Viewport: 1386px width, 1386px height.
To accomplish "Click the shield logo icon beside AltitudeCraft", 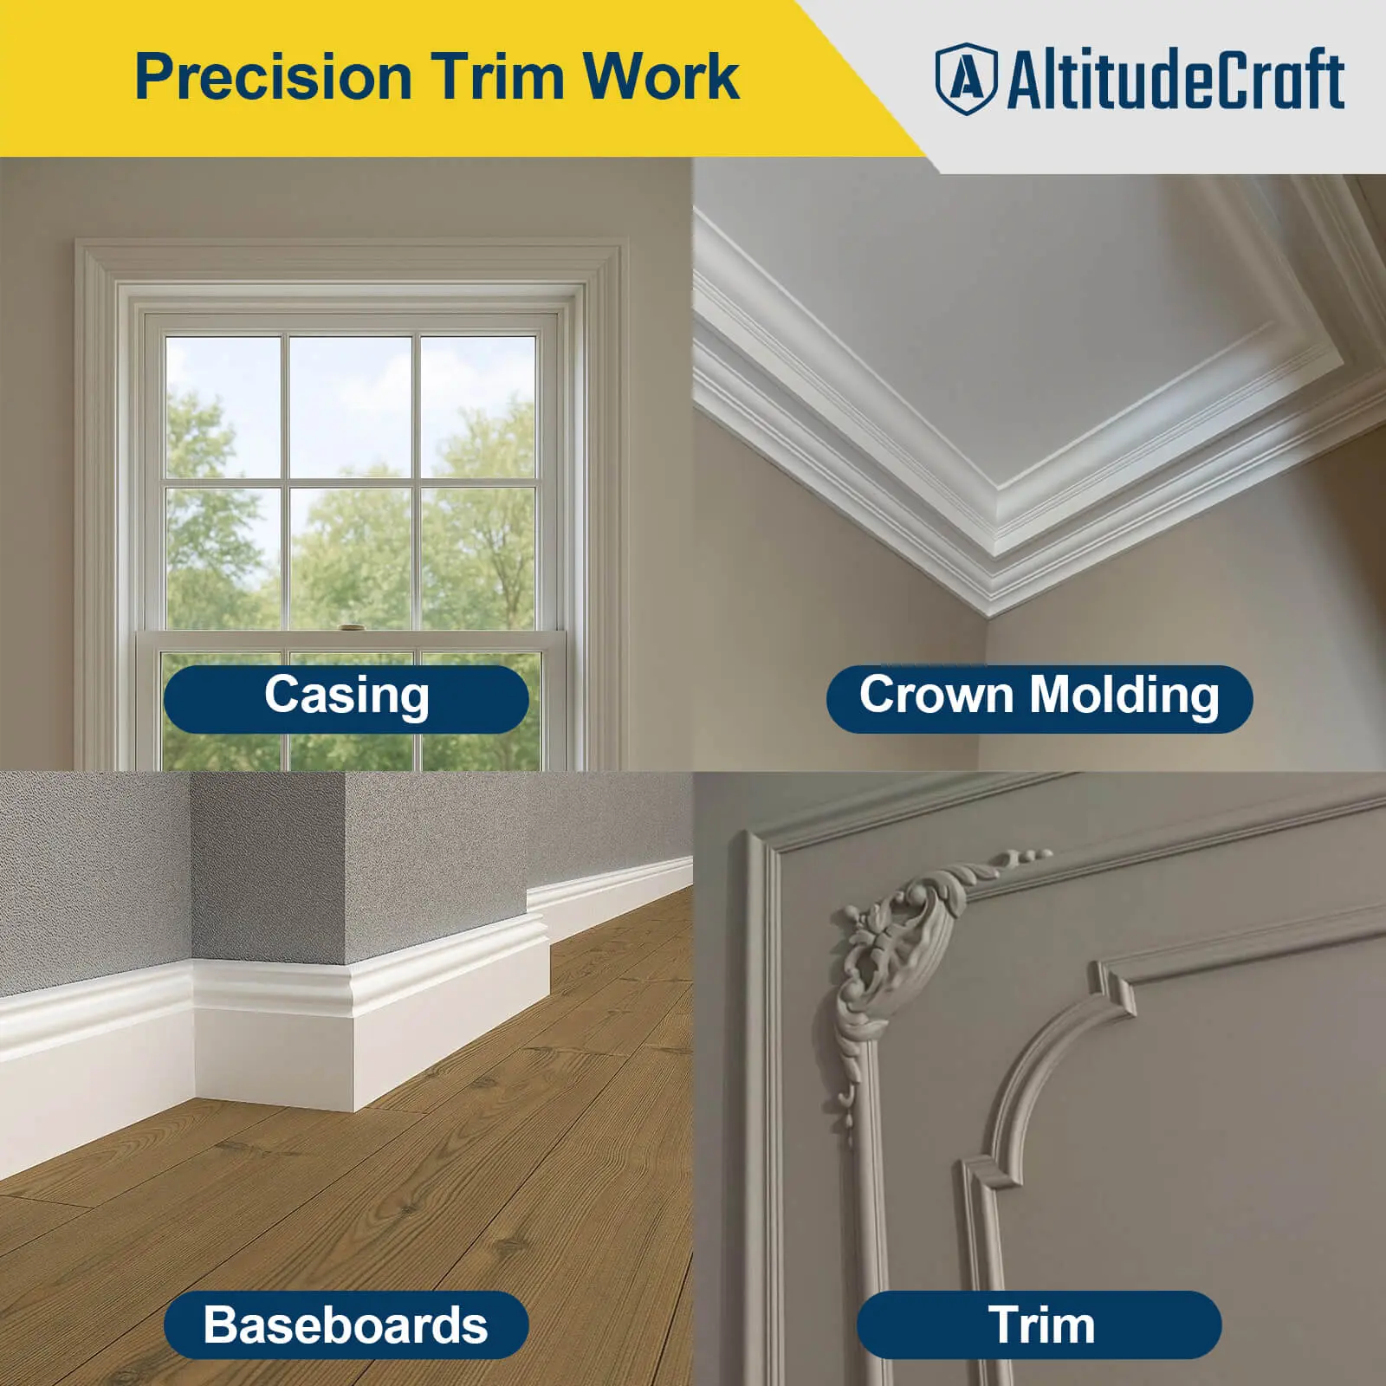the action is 966,79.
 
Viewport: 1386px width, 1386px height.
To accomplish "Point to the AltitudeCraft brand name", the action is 1176,79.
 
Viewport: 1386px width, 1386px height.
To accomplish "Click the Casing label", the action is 346,696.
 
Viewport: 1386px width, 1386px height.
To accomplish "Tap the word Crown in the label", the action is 936,696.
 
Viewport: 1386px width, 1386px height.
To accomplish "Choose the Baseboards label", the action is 346,1324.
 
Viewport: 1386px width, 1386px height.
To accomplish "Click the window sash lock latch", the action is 350,628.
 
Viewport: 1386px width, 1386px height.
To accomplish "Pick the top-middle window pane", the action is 350,405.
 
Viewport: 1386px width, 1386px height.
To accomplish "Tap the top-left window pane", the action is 223,405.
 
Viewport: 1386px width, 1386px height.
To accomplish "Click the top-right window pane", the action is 477,405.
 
